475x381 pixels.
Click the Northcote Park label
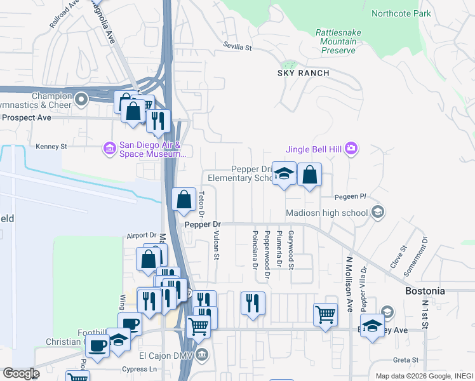[x=401, y=13]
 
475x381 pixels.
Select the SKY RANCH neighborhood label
[x=303, y=73]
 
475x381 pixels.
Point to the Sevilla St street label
[x=237, y=47]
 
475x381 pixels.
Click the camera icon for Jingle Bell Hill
[x=352, y=149]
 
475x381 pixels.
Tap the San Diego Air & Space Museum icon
[x=109, y=149]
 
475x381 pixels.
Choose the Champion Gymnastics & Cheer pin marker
[x=81, y=99]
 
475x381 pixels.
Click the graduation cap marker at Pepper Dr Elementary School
[x=284, y=174]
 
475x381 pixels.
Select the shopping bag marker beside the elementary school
[x=309, y=175]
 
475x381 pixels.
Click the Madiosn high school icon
[x=378, y=211]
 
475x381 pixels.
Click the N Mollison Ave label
[x=349, y=284]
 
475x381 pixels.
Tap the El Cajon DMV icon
[x=201, y=354]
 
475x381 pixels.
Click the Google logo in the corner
[x=20, y=373]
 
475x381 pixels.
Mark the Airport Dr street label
[x=141, y=234]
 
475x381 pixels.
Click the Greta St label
[x=405, y=359]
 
